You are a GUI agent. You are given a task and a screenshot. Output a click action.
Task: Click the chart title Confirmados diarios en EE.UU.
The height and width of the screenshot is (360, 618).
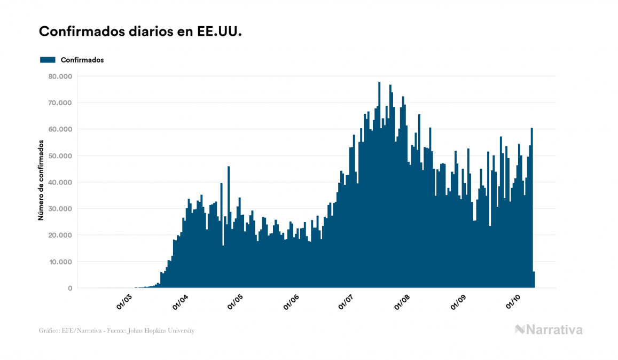140,32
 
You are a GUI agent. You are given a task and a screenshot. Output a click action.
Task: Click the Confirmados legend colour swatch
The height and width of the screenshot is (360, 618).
48,60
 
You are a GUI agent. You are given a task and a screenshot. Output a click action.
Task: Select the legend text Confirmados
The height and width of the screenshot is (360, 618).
82,60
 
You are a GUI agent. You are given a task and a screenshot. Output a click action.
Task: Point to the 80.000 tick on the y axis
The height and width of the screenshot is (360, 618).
60,76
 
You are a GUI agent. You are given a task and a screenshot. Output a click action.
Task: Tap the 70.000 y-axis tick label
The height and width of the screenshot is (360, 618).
60,103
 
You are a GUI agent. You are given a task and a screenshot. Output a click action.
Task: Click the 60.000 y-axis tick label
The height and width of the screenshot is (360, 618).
60,129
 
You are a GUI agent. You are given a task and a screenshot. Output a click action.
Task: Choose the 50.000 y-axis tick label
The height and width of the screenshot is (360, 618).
60,156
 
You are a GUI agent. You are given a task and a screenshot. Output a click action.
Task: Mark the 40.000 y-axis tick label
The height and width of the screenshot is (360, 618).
60,182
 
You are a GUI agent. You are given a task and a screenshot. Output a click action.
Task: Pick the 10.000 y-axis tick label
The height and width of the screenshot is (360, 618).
60,262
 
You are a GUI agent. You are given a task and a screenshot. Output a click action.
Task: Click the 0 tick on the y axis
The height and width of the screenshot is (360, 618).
70,288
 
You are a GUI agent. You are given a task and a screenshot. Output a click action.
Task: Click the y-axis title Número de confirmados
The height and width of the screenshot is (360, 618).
41,180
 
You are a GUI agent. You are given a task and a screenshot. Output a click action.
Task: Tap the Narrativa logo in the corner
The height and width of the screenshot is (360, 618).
549,330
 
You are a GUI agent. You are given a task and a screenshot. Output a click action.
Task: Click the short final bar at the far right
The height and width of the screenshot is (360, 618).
534,280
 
